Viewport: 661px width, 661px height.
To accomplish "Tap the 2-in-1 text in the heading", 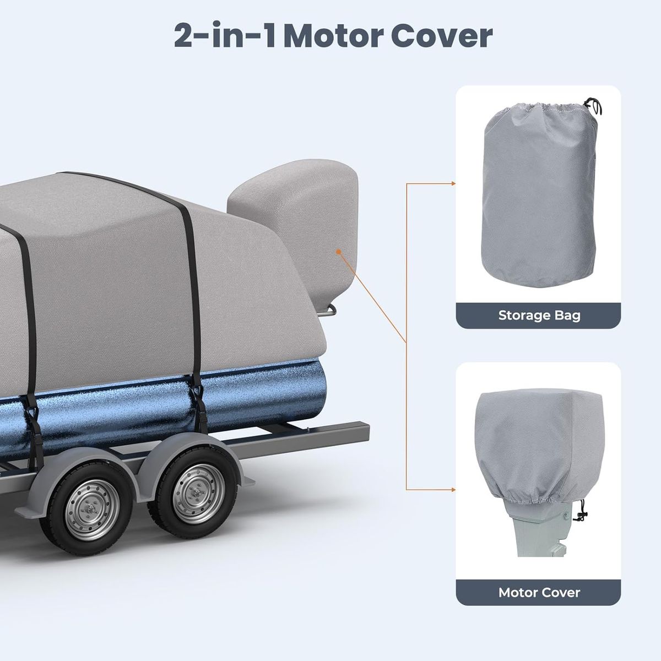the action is (x=225, y=35).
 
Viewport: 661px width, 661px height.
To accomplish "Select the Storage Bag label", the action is (x=539, y=315).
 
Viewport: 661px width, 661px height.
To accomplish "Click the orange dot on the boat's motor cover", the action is (x=339, y=252).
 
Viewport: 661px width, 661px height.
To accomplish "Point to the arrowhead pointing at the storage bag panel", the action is (x=453, y=183).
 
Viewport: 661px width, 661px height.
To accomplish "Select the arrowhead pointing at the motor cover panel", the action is (x=453, y=490).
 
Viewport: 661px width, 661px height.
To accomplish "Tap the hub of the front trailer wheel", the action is (x=92, y=511).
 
